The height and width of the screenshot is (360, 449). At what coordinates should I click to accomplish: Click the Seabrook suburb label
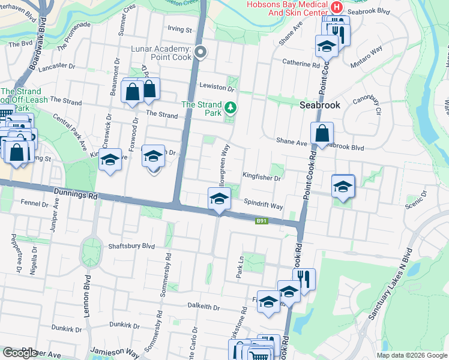point(320,105)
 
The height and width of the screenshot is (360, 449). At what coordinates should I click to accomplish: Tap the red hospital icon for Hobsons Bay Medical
point(336,7)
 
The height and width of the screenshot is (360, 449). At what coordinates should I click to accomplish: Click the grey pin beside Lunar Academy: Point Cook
point(201,53)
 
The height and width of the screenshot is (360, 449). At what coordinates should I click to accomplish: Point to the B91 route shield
point(261,221)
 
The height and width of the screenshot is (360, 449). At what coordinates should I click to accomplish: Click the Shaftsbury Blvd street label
point(131,246)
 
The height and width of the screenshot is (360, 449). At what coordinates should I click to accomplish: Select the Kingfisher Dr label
point(262,178)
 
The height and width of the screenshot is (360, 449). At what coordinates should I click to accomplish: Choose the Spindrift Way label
point(263,206)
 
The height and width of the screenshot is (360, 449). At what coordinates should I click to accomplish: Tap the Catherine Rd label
point(300,62)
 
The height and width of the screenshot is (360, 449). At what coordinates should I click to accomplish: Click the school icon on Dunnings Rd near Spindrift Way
point(219,198)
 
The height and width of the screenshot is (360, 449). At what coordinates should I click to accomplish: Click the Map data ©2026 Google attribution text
point(411,355)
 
